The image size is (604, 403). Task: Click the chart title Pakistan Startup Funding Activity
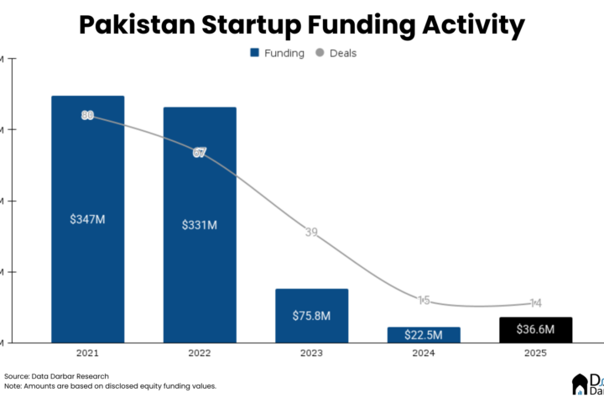(302, 25)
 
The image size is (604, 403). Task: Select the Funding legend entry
(277, 53)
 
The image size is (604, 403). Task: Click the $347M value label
(87, 219)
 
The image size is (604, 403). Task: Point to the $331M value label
(200, 225)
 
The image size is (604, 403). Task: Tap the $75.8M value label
(311, 317)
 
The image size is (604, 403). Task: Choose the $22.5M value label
(424, 334)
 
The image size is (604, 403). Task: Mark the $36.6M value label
(535, 330)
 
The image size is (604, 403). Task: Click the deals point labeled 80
(87, 115)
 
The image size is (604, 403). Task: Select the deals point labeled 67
(200, 153)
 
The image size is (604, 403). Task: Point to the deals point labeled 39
(311, 233)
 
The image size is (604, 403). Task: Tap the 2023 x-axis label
(311, 354)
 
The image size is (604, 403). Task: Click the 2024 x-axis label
(424, 354)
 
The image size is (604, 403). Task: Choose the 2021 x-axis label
(87, 354)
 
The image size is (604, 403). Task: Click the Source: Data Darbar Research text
(56, 376)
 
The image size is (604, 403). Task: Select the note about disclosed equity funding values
(110, 386)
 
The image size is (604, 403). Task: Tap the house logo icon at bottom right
(579, 385)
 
